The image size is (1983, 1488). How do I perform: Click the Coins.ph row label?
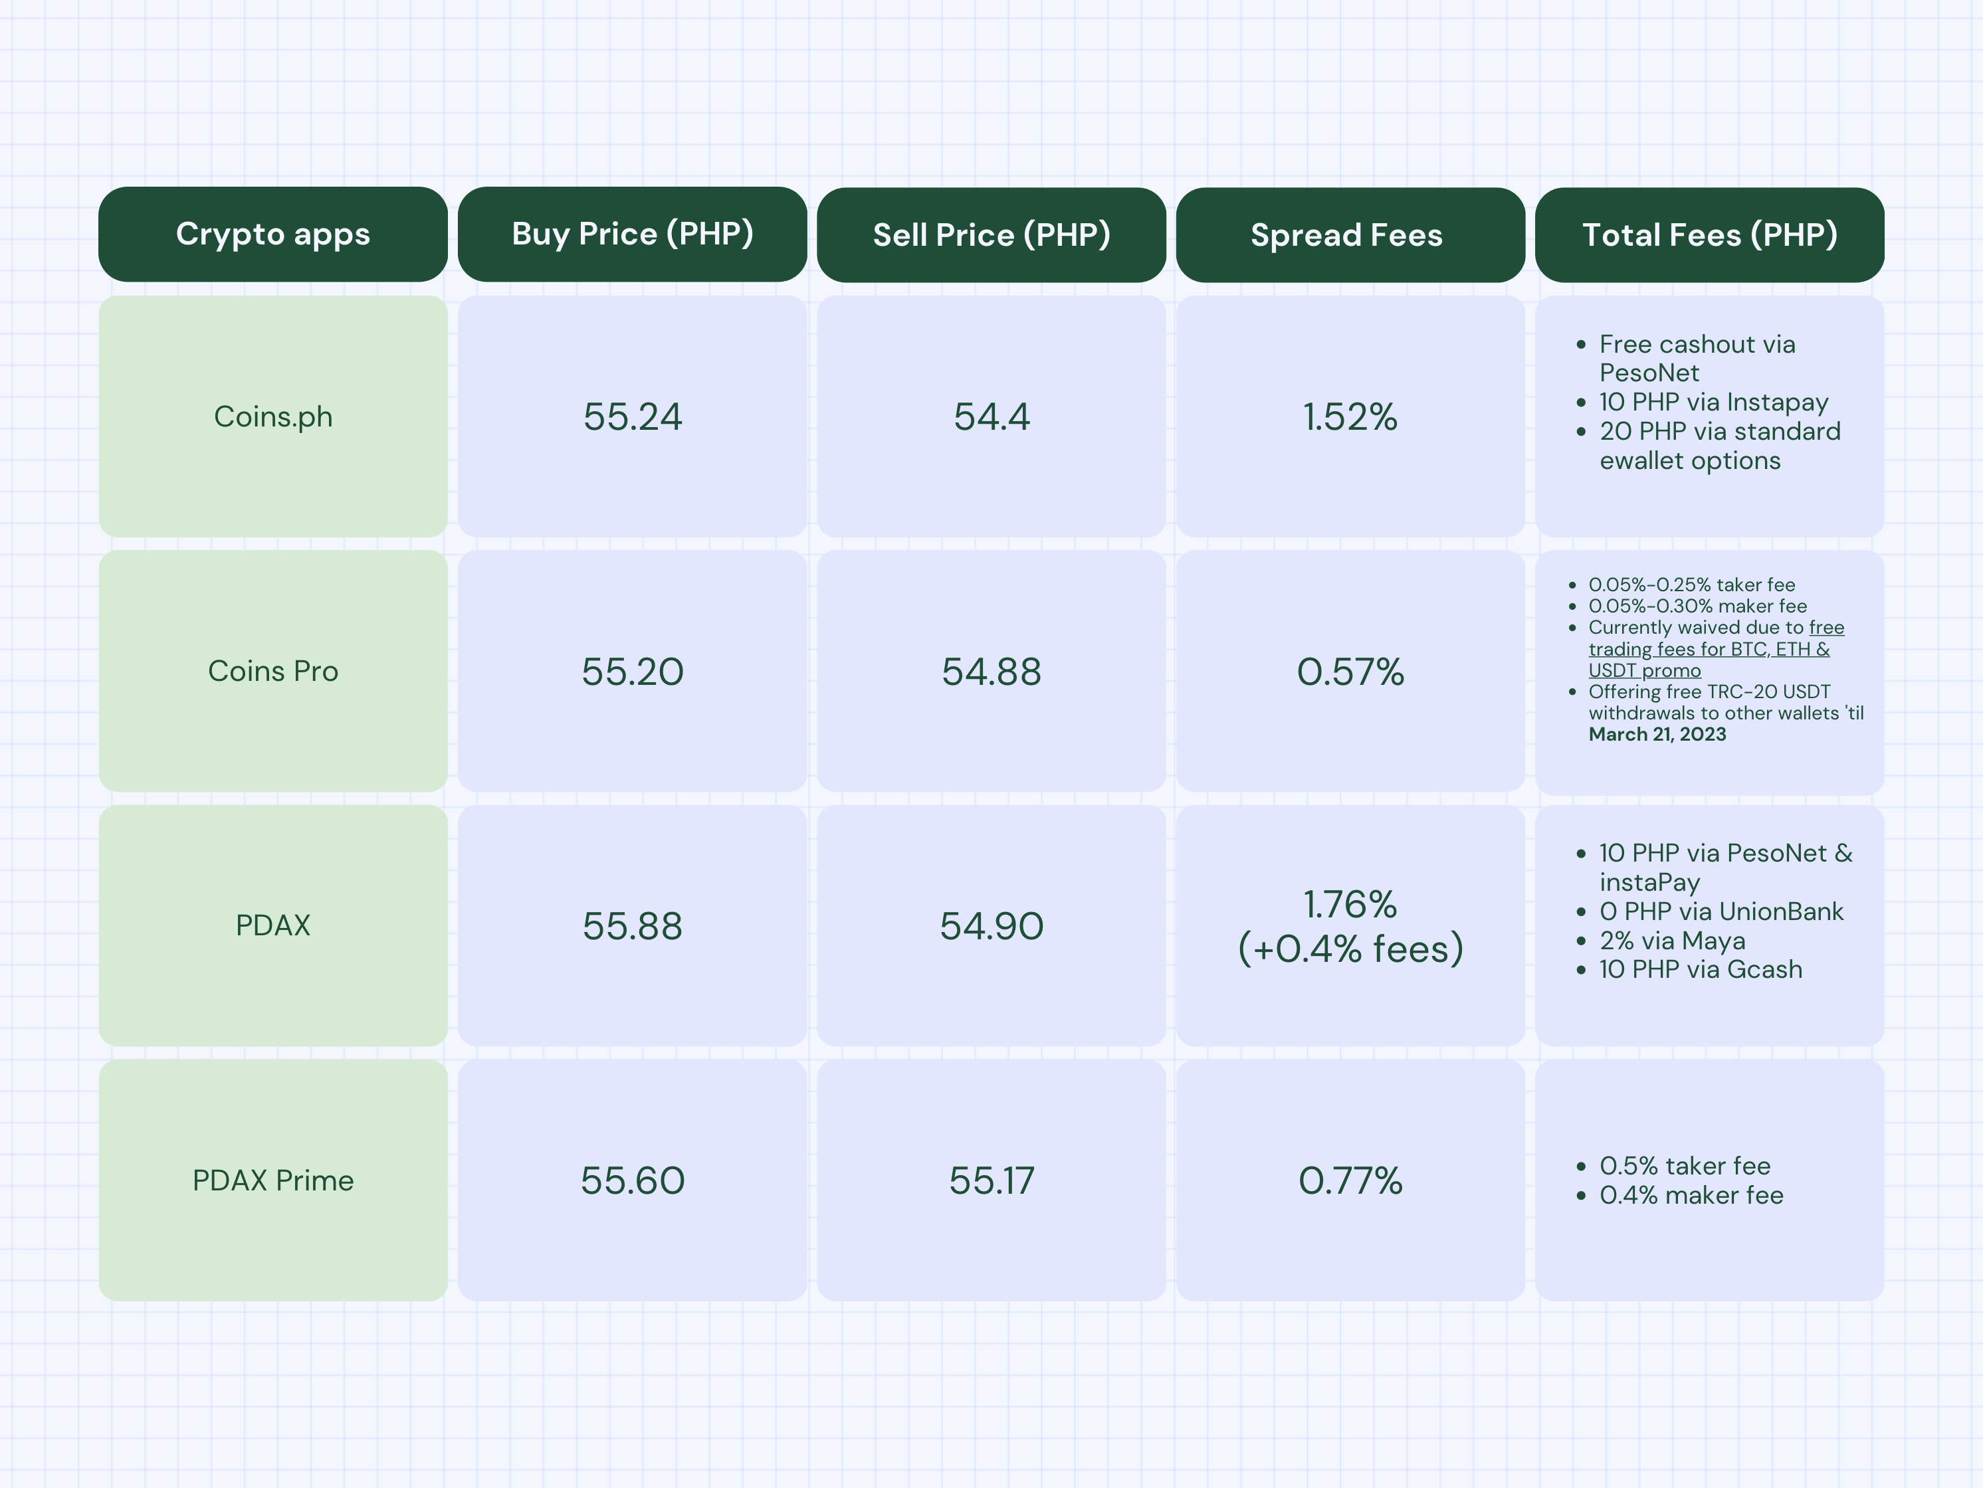[272, 417]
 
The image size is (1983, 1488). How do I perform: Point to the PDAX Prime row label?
[272, 1180]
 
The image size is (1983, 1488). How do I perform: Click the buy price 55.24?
[632, 417]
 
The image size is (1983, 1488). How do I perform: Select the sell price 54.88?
[991, 672]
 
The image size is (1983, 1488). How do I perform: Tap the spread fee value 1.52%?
[1349, 417]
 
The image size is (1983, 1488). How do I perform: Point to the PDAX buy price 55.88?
[632, 926]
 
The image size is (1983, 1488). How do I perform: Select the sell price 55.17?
[991, 1180]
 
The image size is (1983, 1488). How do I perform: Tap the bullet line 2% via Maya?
[1672, 941]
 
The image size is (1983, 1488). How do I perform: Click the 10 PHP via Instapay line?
[1713, 402]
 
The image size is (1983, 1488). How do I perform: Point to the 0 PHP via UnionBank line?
[1721, 911]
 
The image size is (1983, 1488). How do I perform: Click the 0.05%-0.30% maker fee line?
[1697, 606]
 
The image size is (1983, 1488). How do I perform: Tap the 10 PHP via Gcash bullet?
[1700, 969]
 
